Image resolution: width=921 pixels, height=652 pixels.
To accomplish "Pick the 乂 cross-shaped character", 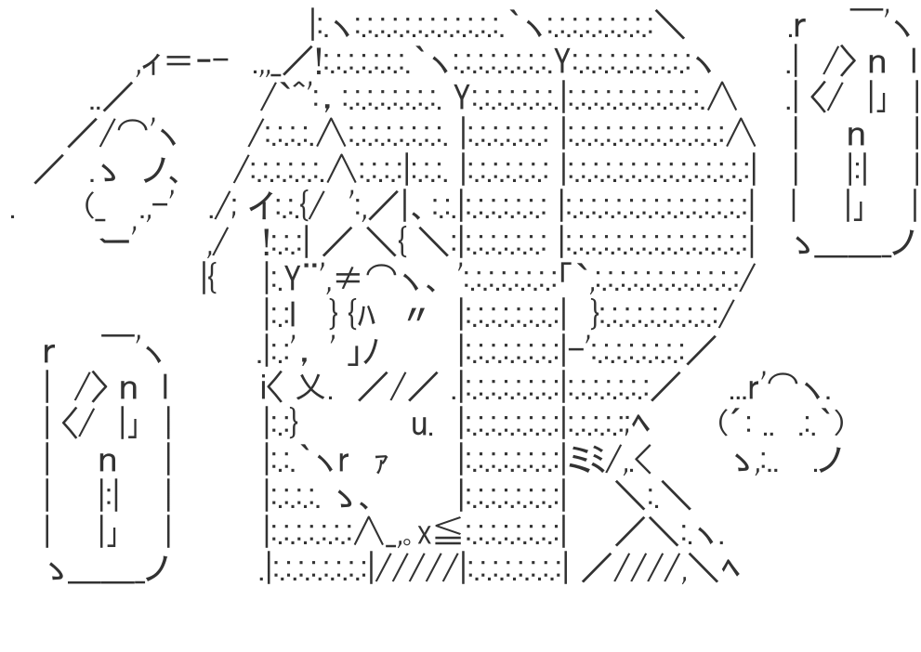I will (310, 391).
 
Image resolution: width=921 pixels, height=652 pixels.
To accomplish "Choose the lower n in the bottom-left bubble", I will (107, 461).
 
